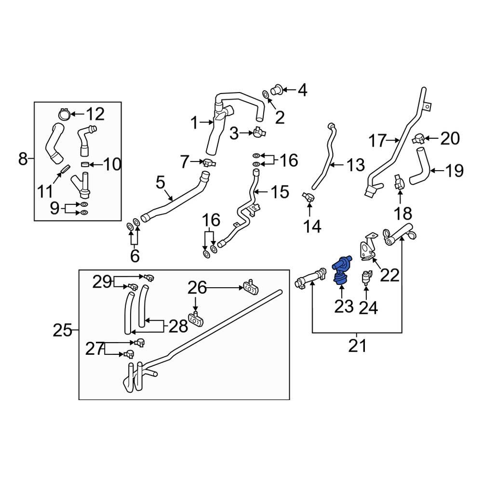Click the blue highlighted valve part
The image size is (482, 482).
click(x=342, y=269)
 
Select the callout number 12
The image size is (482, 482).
click(x=94, y=114)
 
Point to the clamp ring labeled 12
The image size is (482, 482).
click(x=63, y=114)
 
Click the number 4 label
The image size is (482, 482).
click(x=302, y=89)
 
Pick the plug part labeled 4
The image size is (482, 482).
click(x=278, y=89)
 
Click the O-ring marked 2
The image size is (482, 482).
click(x=266, y=93)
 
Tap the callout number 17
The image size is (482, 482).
click(x=378, y=141)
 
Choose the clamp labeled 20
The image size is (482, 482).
click(x=418, y=139)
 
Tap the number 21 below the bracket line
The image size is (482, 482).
click(x=357, y=346)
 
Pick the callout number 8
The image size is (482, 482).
click(x=23, y=158)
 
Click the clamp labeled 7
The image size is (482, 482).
click(x=208, y=162)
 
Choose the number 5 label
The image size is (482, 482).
click(x=160, y=182)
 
